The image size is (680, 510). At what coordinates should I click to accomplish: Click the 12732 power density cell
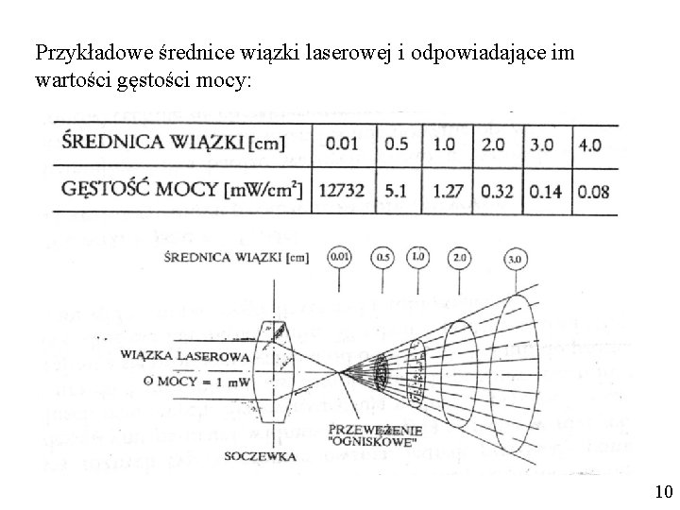click(x=343, y=192)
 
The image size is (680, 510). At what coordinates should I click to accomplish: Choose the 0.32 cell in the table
click(x=497, y=192)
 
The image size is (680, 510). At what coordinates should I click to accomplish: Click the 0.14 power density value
click(x=545, y=192)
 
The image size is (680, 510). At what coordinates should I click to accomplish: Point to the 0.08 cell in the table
click(x=593, y=192)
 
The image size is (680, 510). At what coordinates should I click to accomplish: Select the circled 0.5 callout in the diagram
click(x=384, y=257)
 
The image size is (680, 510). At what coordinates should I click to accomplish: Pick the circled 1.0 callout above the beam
click(x=417, y=257)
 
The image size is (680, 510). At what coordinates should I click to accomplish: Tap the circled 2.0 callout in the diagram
click(x=460, y=257)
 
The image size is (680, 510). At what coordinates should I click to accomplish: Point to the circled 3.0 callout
click(x=516, y=259)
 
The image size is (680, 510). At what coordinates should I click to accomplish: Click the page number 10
click(x=662, y=491)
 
